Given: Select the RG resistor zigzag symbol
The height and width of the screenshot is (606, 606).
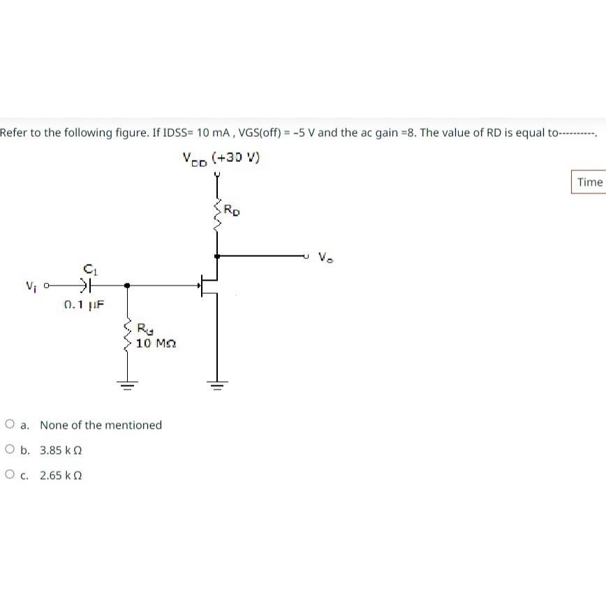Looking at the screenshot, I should pos(127,336).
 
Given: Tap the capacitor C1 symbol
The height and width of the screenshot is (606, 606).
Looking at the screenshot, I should pos(87,285).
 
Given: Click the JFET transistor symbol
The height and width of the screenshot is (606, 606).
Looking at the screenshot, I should pos(208,285).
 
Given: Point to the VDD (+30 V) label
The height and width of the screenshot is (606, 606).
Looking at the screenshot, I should pos(221,158).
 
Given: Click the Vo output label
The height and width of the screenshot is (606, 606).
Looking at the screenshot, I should pos(326,257).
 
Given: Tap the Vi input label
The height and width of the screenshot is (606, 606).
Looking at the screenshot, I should pos(31,285).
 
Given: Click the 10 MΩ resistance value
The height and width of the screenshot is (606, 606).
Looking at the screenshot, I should pos(156,343).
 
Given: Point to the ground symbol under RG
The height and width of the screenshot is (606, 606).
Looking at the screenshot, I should pos(127,383).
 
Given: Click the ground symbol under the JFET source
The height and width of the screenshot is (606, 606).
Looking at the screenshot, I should pos(217,383).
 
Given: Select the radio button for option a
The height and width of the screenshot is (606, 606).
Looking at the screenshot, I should pos(10,424).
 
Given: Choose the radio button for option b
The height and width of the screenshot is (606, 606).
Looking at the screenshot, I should pos(10,450).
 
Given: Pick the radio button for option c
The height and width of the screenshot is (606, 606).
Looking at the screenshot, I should pos(10,475).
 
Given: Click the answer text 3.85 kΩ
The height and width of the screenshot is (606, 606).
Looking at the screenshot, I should pos(61,450).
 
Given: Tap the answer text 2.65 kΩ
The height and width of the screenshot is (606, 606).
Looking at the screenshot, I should pos(61,475).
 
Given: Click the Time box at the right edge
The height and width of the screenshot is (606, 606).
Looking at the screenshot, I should pos(589,182).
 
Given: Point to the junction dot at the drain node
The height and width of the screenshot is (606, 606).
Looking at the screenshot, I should pos(217,256).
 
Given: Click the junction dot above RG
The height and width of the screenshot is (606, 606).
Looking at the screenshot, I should pos(127,285).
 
